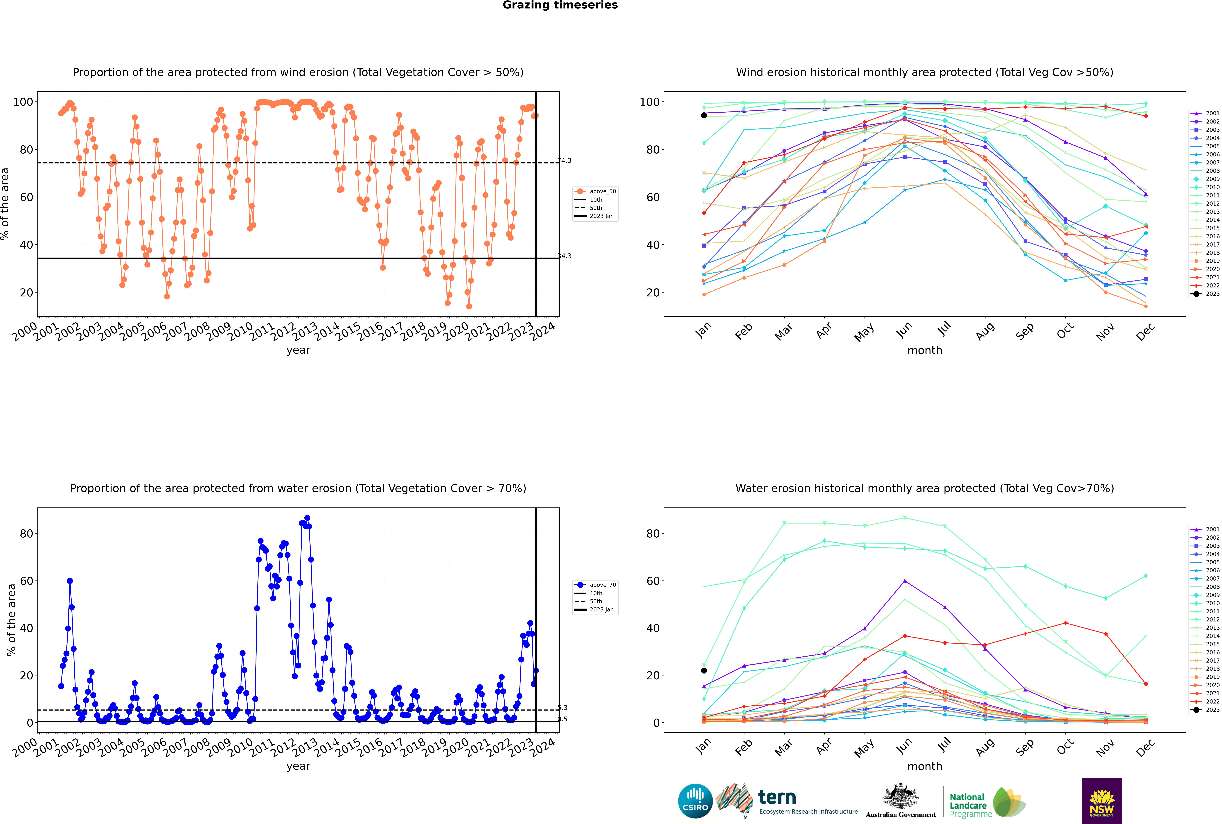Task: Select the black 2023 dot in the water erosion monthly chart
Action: pyautogui.click(x=704, y=670)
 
